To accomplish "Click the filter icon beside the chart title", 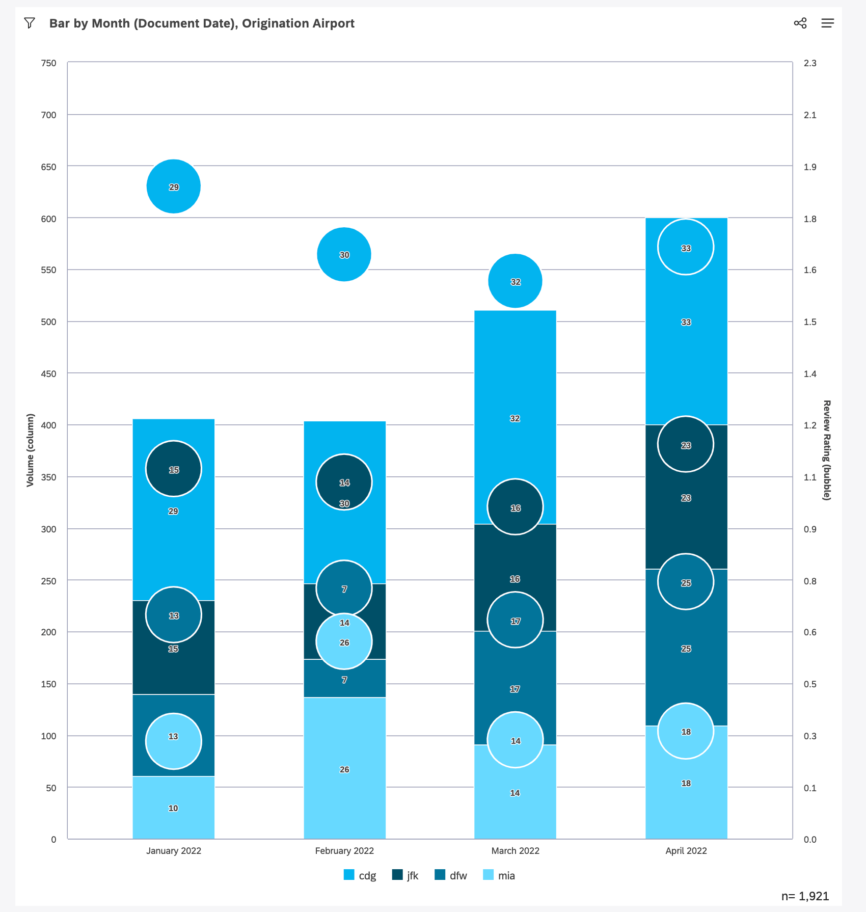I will (30, 23).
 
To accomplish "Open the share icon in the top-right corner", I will (800, 23).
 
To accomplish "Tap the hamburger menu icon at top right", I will (827, 23).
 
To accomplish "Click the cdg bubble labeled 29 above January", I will (174, 186).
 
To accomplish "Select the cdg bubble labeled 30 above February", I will (344, 254).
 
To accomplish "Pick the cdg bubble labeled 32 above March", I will (515, 281).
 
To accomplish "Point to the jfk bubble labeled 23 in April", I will (686, 444).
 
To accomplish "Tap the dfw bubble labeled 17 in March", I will (515, 620).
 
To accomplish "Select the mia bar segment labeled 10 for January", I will (174, 808).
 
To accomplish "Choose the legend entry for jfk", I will (405, 875).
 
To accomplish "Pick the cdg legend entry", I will (360, 875).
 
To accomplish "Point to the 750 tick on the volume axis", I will (49, 63).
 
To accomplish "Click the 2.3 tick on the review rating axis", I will (810, 63).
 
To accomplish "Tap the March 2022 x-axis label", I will (515, 850).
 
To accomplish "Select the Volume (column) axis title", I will (31, 450).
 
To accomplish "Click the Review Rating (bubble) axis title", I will (827, 450).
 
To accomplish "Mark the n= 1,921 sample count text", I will (805, 896).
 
